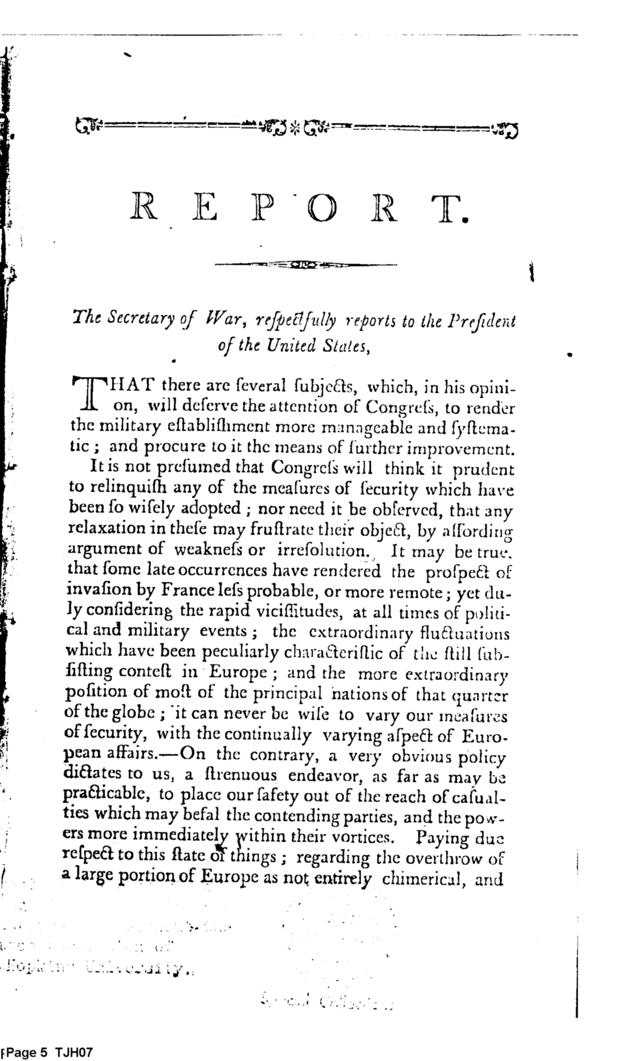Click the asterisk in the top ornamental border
[x=295, y=127]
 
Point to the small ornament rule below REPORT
[x=305, y=265]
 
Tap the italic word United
[x=291, y=344]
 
